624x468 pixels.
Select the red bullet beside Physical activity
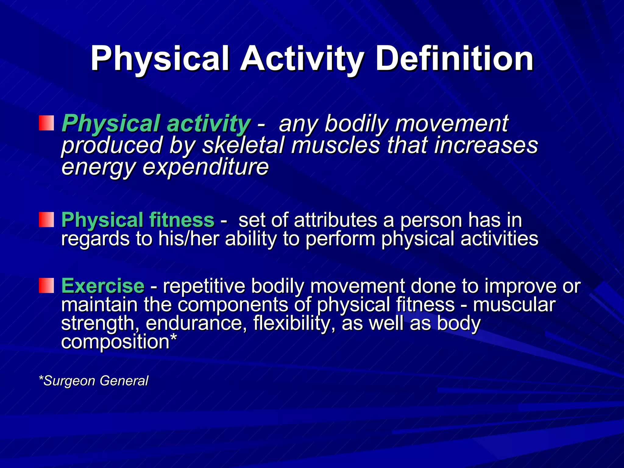[46, 123]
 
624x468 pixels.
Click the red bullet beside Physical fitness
[46, 220]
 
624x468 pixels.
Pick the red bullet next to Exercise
[46, 285]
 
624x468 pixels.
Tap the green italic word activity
[208, 124]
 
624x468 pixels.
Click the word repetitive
[204, 286]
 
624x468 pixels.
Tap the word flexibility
[294, 323]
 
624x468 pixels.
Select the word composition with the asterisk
[119, 342]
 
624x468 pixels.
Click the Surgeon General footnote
[94, 381]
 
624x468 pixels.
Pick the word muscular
[514, 305]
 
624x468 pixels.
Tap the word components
[232, 305]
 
